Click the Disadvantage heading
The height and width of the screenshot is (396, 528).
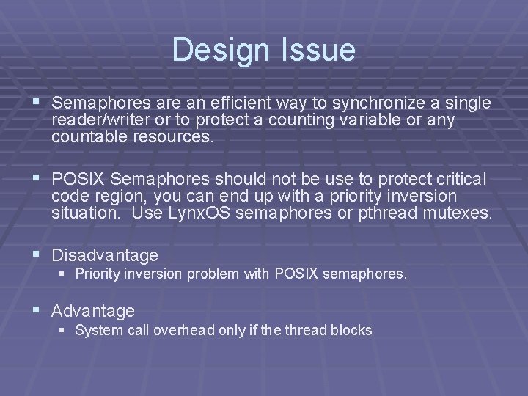coord(105,255)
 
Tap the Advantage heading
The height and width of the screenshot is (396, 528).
coord(93,311)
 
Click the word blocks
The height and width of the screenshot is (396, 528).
coord(351,330)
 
